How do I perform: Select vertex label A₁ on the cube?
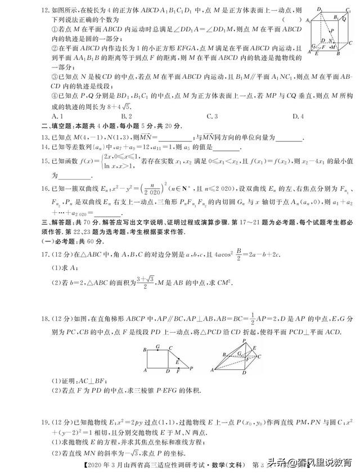click(308, 20)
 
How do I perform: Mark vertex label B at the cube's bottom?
click(337, 54)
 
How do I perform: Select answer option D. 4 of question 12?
click(296, 116)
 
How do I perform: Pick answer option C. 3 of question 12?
click(212, 116)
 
